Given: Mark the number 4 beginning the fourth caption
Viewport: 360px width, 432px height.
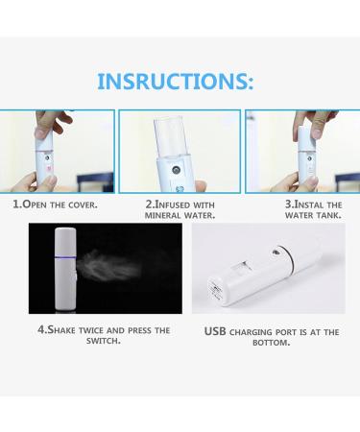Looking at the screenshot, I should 41,329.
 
